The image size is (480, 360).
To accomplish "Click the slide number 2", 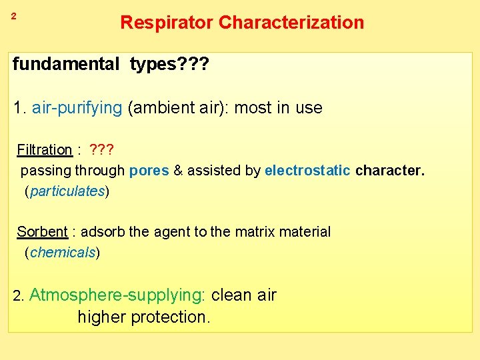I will [13, 15].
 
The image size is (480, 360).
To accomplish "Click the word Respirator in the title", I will [167, 23].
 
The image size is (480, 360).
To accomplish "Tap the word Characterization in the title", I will [291, 23].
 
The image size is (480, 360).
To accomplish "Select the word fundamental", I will [65, 65].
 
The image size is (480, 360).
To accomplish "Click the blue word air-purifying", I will [76, 108].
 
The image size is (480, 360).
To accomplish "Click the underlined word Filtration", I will [44, 149].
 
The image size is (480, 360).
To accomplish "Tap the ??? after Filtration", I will [101, 149].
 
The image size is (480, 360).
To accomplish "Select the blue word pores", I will [149, 171].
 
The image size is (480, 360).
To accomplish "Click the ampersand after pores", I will [178, 171].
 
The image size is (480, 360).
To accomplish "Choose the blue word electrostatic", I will [307, 171].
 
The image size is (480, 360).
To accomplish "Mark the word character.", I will [389, 171].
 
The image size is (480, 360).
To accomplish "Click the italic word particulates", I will [67, 191].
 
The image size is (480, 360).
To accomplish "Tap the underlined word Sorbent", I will [42, 232].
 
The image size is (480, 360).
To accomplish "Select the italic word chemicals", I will [63, 253].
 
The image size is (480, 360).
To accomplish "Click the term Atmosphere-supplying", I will [117, 295].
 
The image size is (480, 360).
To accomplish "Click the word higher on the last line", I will [101, 317].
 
